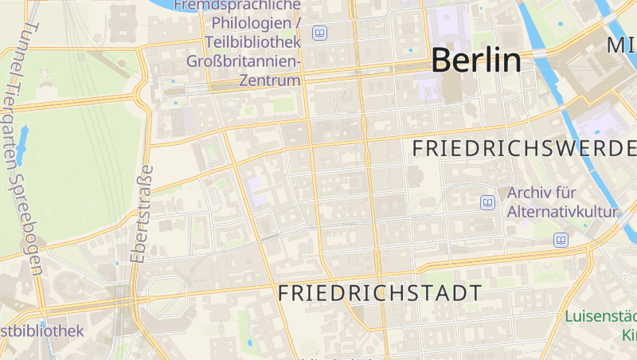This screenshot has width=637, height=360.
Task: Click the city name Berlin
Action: [476, 61]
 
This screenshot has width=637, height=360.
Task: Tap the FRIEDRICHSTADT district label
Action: [379, 293]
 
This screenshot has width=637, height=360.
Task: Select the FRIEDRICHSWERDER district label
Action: [525, 148]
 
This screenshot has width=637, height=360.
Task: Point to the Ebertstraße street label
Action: [141, 213]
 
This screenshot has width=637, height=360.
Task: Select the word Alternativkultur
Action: [562, 212]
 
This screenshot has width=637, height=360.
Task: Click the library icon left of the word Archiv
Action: [487, 202]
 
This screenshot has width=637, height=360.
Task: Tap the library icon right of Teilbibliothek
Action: [319, 33]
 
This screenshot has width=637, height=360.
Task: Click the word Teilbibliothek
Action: [252, 41]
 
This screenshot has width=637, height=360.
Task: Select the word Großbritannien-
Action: [243, 61]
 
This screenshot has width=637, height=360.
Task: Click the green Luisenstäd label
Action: [601, 316]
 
